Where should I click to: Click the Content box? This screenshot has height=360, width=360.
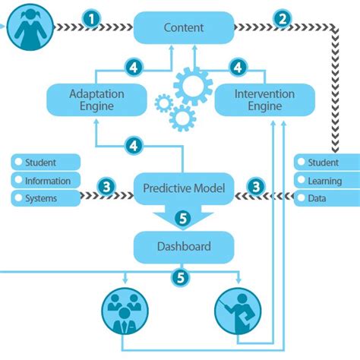[184, 27]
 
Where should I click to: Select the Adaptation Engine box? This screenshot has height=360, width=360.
[96, 99]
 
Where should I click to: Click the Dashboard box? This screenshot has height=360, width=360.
[184, 246]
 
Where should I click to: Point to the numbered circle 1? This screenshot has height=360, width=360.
[91, 19]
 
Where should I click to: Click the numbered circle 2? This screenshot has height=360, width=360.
[282, 19]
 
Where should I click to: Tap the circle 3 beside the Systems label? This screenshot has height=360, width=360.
[107, 186]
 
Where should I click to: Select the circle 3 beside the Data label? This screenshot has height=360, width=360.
[257, 186]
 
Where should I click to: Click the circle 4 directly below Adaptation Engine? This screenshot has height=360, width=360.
[134, 144]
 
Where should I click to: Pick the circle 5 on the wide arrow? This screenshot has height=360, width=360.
[183, 219]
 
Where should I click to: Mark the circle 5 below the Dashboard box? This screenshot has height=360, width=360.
[180, 278]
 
